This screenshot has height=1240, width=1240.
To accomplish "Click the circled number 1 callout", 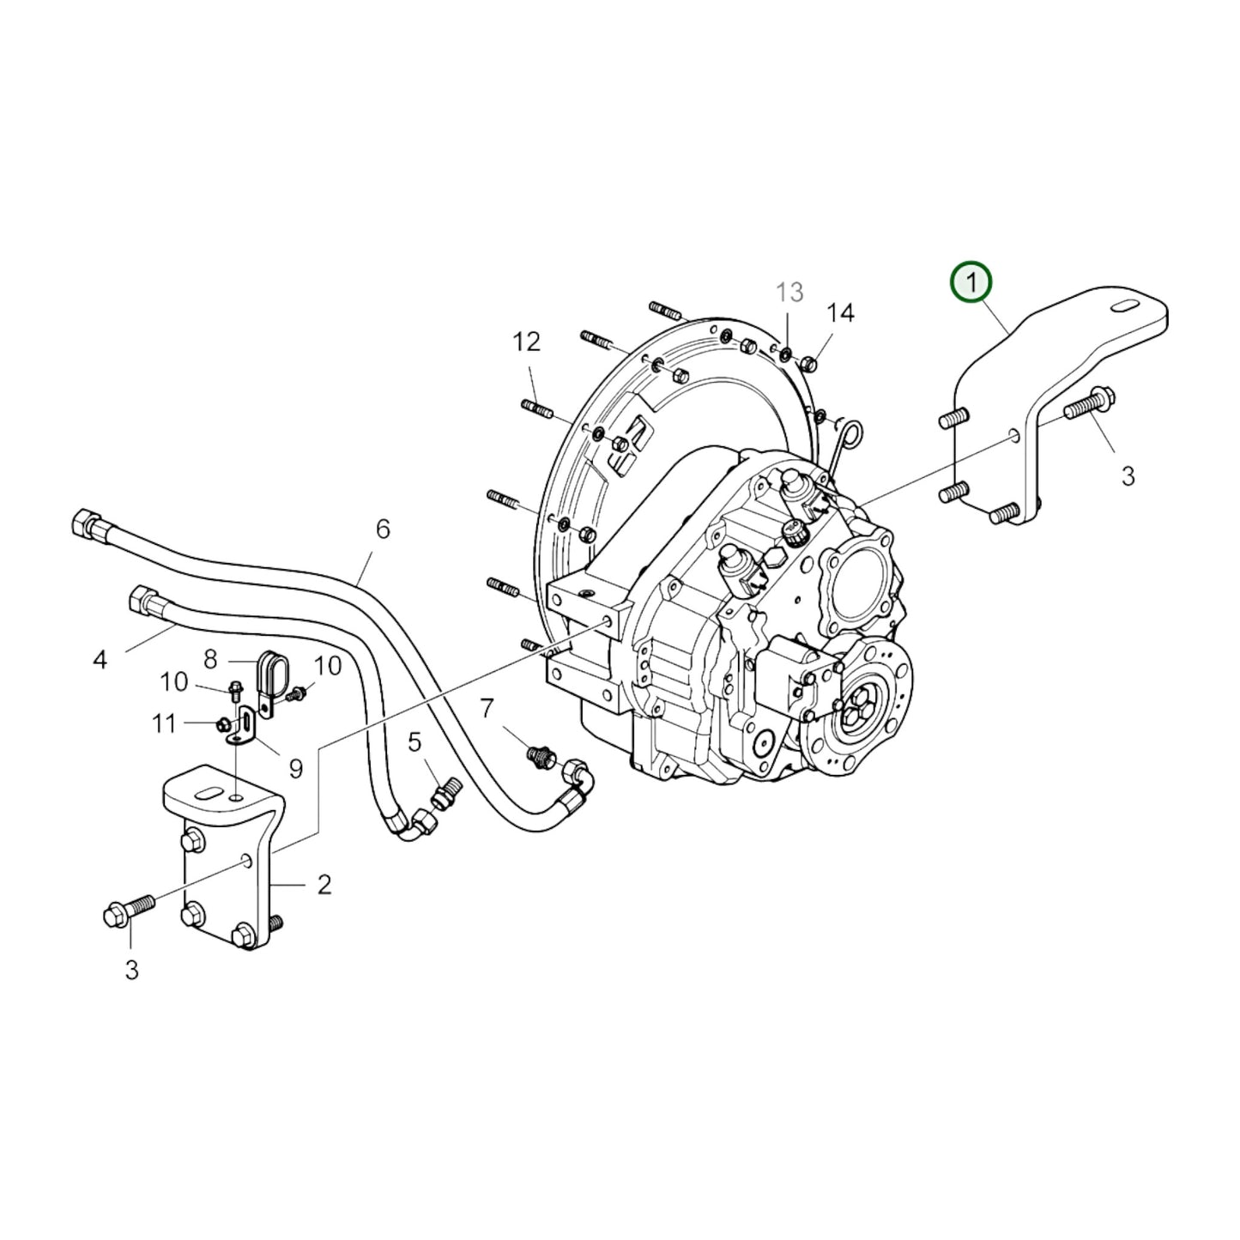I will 971,282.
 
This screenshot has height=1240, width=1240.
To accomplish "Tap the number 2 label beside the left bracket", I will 324,884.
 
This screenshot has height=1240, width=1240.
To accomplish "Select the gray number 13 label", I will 789,292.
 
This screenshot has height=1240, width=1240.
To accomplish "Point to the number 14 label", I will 840,313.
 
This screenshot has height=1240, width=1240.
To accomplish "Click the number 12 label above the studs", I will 527,342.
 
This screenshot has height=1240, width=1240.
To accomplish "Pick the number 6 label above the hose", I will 383,529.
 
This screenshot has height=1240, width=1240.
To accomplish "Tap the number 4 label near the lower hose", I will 100,660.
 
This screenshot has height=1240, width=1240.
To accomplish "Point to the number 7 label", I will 487,708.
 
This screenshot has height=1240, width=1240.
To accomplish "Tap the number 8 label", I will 210,659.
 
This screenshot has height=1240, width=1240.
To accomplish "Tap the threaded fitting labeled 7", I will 541,757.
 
